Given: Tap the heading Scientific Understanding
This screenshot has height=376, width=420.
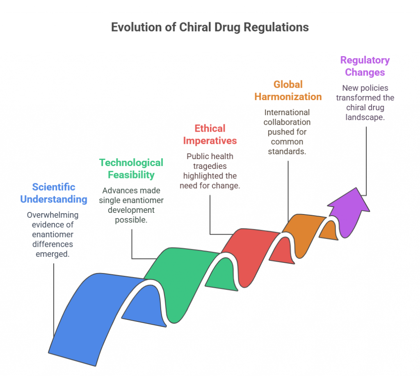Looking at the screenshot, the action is pyautogui.click(x=54, y=193).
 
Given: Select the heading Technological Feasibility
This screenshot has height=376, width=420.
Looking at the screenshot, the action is pyautogui.click(x=131, y=169).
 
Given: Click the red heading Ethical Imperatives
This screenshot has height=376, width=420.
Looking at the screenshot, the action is pyautogui.click(x=210, y=134).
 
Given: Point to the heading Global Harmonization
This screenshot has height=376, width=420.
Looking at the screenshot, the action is pyautogui.click(x=288, y=91).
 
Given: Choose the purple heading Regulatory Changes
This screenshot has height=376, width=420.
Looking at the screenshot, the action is pyautogui.click(x=365, y=66).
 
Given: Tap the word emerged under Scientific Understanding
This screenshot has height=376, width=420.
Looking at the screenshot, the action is pyautogui.click(x=52, y=254).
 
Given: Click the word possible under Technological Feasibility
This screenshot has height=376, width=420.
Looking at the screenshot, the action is pyautogui.click(x=131, y=220).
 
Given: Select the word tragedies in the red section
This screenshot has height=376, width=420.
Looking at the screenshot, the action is pyautogui.click(x=210, y=166).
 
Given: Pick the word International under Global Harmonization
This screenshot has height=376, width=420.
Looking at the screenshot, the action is pyautogui.click(x=287, y=112).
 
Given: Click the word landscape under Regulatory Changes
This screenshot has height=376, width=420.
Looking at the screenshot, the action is pyautogui.click(x=365, y=117).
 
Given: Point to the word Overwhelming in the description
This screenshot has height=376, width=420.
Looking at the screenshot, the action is pyautogui.click(x=53, y=215).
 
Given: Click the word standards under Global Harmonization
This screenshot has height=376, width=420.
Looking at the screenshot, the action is pyautogui.click(x=287, y=152).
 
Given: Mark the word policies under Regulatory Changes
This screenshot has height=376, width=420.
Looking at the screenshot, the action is pyautogui.click(x=375, y=88).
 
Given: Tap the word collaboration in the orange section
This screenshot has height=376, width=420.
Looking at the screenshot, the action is pyautogui.click(x=287, y=122).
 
